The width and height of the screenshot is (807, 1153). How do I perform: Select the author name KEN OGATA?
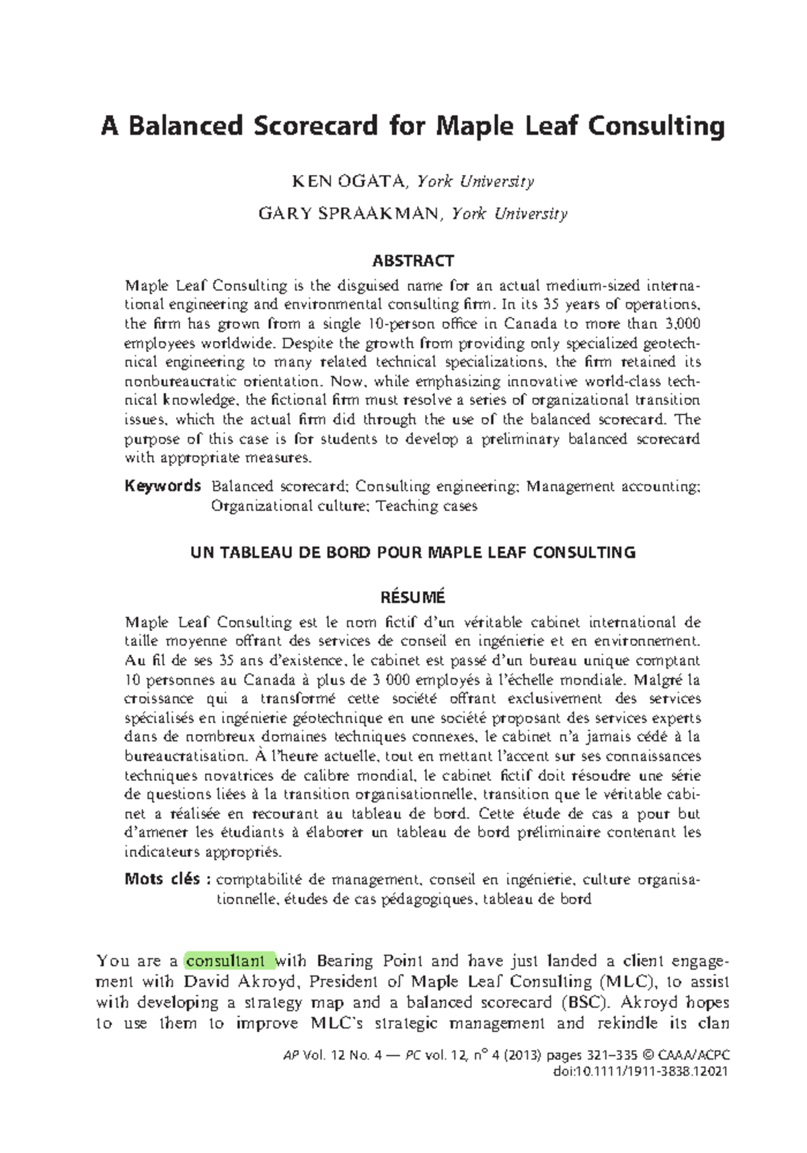pyautogui.click(x=348, y=181)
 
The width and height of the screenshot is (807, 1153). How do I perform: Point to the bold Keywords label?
pyautogui.click(x=163, y=486)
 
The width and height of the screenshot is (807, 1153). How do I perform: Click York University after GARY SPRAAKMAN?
pyautogui.click(x=510, y=214)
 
